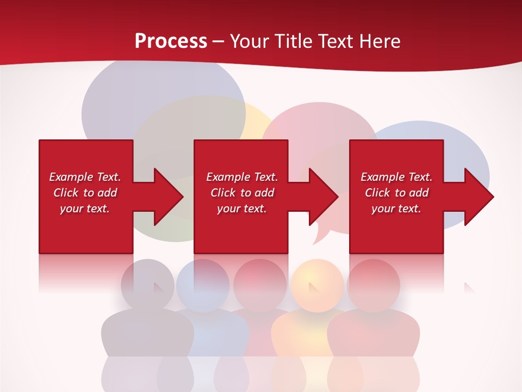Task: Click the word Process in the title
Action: click(171, 41)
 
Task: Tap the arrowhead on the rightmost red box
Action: click(475, 197)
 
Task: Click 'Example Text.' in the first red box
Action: click(85, 177)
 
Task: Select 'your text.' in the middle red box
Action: click(241, 209)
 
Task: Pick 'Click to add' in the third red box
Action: click(396, 193)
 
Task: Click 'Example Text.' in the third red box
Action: click(396, 177)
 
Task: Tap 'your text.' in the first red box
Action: click(85, 209)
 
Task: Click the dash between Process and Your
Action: click(219, 41)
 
